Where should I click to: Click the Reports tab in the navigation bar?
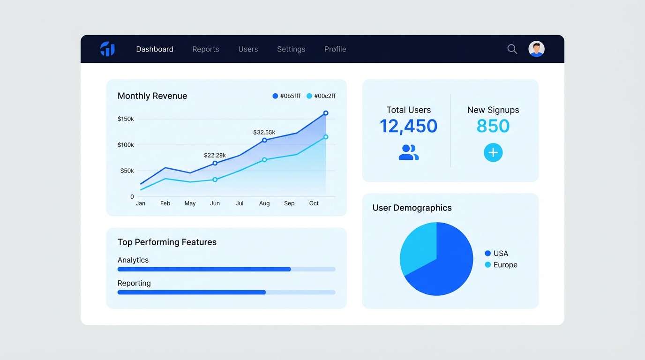point(205,49)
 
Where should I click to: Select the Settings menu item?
point(291,49)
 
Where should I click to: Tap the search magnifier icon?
point(512,49)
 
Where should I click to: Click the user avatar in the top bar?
point(536,49)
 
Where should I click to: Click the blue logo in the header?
point(107,49)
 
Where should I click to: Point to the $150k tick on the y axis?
point(126,119)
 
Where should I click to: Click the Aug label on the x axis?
point(264,203)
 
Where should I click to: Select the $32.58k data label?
point(264,132)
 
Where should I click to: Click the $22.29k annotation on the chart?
point(215,155)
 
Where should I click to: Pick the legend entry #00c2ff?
point(321,96)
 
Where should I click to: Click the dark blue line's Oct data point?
point(326,113)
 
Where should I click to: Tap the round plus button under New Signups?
point(493,153)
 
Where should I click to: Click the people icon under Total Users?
point(408,152)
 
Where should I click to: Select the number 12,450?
point(408,126)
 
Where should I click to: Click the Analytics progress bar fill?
point(204,270)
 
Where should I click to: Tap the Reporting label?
point(134,283)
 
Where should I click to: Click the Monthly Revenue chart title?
point(152,96)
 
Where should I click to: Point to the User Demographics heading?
point(412,208)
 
